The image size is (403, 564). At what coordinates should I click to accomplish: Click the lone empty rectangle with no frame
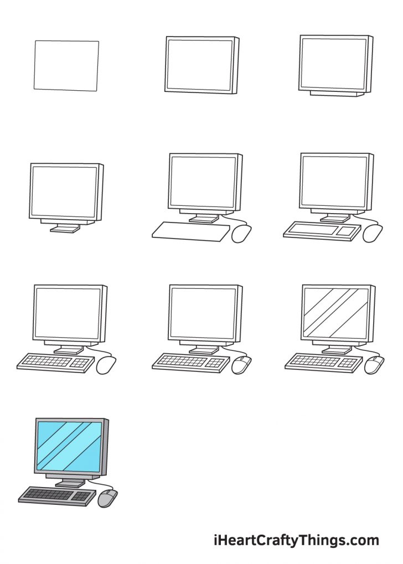pyautogui.click(x=66, y=65)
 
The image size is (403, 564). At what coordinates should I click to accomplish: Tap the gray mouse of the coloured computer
pyautogui.click(x=107, y=499)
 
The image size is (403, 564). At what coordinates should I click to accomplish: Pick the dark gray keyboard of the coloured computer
pyautogui.click(x=50, y=494)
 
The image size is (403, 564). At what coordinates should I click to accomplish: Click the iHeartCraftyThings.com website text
pyautogui.click(x=296, y=540)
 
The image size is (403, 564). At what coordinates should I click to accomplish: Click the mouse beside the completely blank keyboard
pyautogui.click(x=241, y=233)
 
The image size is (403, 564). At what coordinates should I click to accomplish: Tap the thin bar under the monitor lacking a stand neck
pyautogui.click(x=336, y=94)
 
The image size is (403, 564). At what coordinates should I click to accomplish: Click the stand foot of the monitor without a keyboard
pyautogui.click(x=64, y=228)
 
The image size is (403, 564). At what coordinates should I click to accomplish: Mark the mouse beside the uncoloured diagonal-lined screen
pyautogui.click(x=374, y=365)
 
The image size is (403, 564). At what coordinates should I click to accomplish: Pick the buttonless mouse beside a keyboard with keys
pyautogui.click(x=106, y=365)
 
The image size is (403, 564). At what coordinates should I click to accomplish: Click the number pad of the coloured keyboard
pyautogui.click(x=83, y=496)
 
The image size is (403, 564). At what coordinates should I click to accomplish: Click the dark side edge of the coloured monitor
pyautogui.click(x=105, y=447)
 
